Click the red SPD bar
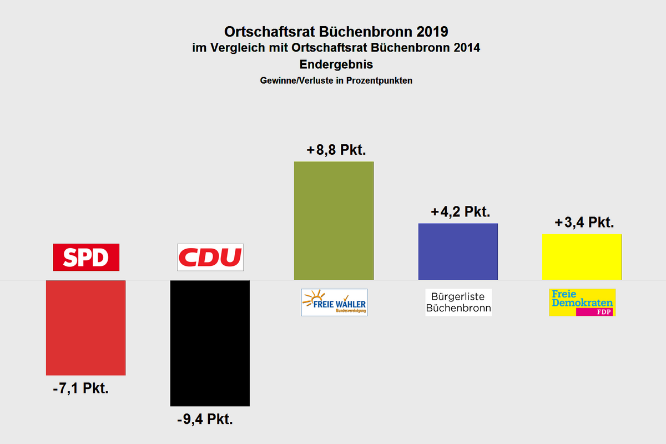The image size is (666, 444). [x=85, y=327]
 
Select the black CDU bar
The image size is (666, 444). [x=210, y=343]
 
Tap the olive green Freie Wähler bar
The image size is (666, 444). [x=334, y=221]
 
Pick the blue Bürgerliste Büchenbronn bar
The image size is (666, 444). [x=458, y=251]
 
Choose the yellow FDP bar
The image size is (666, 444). [x=582, y=257]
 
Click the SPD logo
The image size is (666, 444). [x=86, y=258]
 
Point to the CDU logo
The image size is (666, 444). [x=210, y=258]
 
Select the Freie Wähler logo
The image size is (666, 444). [x=334, y=302]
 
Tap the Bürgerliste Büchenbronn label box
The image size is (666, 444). [x=458, y=302]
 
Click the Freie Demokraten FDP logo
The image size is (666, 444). [x=582, y=302]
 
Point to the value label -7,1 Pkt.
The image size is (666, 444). [x=81, y=389]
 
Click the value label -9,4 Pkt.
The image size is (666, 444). [x=205, y=420]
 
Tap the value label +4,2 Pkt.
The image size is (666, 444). [x=461, y=212]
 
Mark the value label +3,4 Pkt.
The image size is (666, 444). [x=584, y=223]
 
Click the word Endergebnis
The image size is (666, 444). [x=332, y=64]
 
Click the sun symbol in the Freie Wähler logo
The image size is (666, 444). [x=315, y=296]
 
